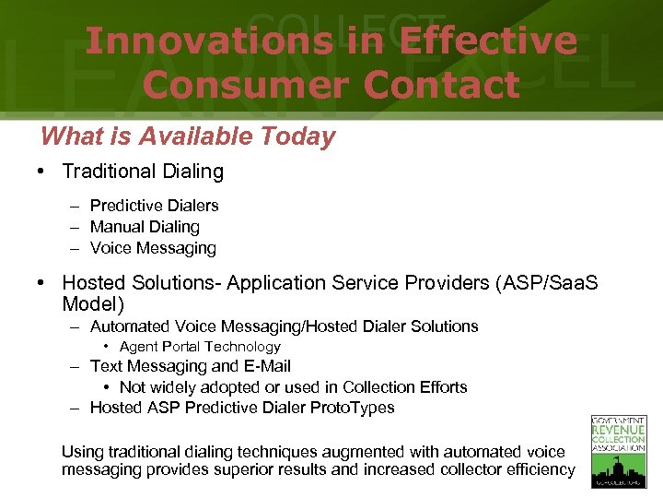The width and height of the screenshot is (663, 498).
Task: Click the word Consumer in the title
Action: click(244, 85)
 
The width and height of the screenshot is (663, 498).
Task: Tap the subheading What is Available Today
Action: click(188, 136)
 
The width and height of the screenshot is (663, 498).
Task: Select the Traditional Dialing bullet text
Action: click(143, 172)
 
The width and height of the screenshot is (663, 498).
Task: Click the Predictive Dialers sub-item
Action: click(154, 206)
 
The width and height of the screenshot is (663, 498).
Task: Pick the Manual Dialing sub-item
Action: click(145, 227)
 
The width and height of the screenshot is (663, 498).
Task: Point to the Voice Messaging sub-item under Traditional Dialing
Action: click(153, 248)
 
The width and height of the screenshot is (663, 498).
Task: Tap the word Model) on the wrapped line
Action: click(93, 304)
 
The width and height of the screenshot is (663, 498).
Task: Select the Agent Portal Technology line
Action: click(200, 347)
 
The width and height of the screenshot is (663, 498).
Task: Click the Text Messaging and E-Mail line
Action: click(190, 367)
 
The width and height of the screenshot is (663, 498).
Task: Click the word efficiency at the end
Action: click(541, 470)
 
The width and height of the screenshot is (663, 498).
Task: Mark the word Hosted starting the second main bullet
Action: click(89, 283)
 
